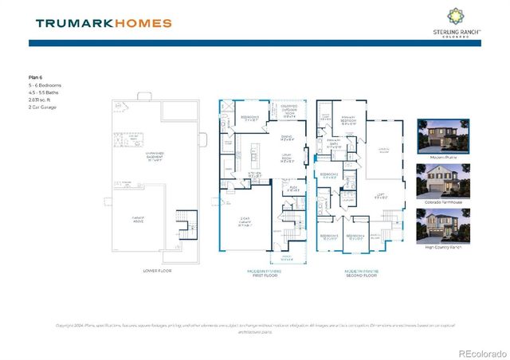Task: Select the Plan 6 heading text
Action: point(36,77)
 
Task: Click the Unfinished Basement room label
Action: point(155,158)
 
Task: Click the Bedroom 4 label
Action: point(353,237)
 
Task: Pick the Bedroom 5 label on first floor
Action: point(249,119)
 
